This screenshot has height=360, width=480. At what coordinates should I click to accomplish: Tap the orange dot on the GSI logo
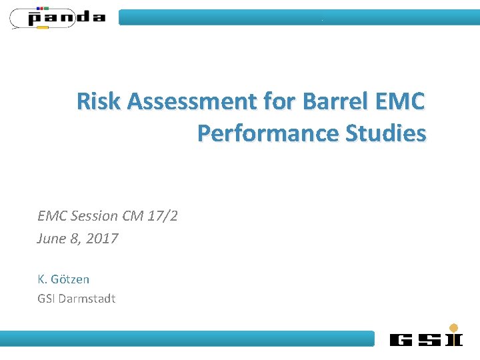pyautogui.click(x=454, y=327)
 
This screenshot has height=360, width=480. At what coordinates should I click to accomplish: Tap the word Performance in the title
pyautogui.click(x=268, y=133)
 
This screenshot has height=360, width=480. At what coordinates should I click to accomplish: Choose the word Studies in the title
pyautogui.click(x=385, y=133)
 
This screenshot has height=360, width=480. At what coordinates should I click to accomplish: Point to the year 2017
pyautogui.click(x=103, y=239)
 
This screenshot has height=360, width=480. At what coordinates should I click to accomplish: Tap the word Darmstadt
pyautogui.click(x=87, y=298)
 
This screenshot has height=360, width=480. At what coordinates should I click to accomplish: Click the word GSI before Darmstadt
pyautogui.click(x=46, y=298)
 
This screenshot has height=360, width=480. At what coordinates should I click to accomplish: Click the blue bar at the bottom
pyautogui.click(x=187, y=339)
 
